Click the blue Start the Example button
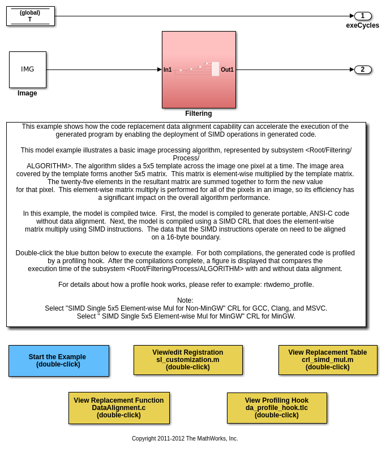[x=58, y=360]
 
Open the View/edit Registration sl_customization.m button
[x=188, y=360]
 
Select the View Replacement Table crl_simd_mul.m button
[x=328, y=360]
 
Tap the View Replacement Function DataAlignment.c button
[x=119, y=408]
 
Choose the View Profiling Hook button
[x=277, y=408]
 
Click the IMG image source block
[x=28, y=69]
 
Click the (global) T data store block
[x=31, y=16]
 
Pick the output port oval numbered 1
[x=363, y=16]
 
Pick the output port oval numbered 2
[x=363, y=69]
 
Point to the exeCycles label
[x=363, y=25]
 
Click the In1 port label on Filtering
[x=168, y=70]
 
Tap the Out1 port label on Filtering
[x=227, y=70]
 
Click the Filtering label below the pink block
[x=199, y=114]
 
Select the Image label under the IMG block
[x=27, y=93]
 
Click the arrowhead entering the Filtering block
[x=160, y=69]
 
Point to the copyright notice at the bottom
[x=185, y=438]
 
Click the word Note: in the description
[x=185, y=300]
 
